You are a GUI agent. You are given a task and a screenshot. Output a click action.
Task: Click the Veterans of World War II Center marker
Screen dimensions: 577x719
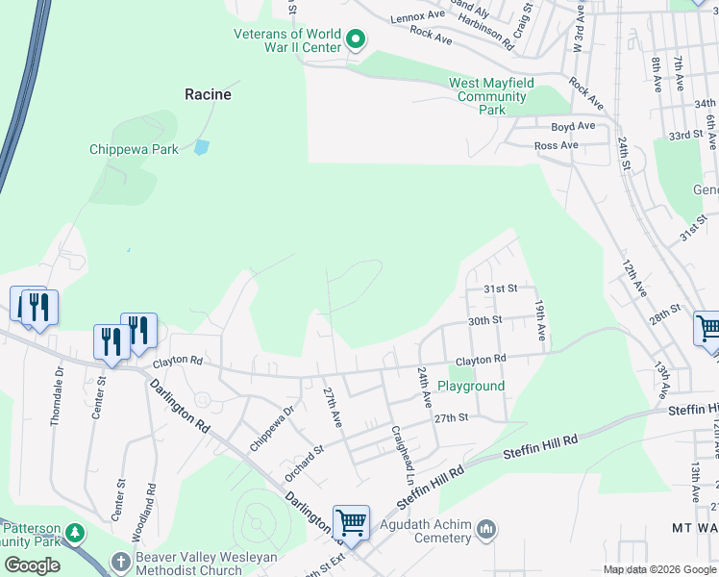click(356, 40)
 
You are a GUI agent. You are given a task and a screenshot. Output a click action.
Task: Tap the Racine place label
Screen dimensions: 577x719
click(209, 94)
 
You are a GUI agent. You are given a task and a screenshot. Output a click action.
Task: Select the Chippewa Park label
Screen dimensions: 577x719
click(134, 149)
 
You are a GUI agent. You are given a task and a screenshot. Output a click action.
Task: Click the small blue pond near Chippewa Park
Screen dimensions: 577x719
click(201, 148)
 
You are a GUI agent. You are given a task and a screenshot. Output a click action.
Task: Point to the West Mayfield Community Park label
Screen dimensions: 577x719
click(490, 96)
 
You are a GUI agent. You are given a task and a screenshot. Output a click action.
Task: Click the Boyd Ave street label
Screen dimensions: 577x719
click(573, 126)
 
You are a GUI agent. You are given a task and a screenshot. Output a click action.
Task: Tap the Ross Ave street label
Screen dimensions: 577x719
click(557, 145)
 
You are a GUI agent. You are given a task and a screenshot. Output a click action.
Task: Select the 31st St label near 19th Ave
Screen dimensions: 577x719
click(500, 288)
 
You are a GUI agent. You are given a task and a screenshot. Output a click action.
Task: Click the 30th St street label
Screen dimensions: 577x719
click(485, 320)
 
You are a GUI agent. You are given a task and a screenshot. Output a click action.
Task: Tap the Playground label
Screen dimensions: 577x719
click(471, 386)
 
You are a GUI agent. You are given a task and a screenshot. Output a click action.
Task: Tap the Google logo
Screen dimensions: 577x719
click(32, 565)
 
